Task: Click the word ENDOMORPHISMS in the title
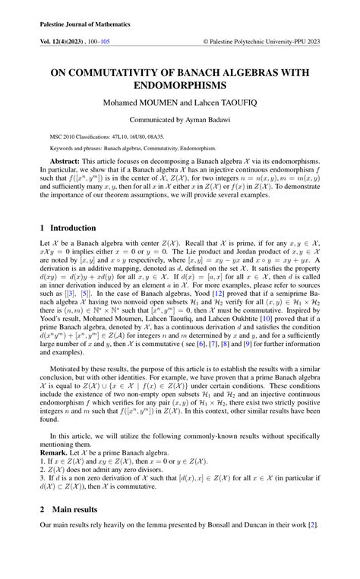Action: pyautogui.click(x=179, y=86)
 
